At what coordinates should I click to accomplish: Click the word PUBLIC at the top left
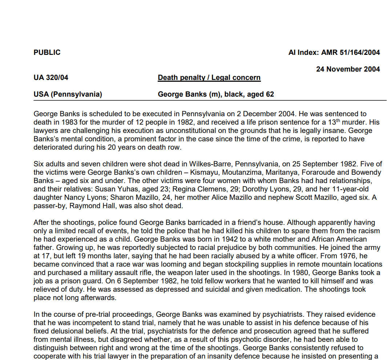[47, 52]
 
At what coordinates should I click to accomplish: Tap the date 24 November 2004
[348, 69]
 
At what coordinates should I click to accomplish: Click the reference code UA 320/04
[51, 77]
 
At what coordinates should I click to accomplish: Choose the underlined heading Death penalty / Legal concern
[209, 77]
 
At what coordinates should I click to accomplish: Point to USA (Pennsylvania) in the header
[68, 94]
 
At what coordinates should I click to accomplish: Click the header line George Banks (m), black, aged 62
[216, 94]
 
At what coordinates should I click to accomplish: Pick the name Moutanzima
[243, 172]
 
